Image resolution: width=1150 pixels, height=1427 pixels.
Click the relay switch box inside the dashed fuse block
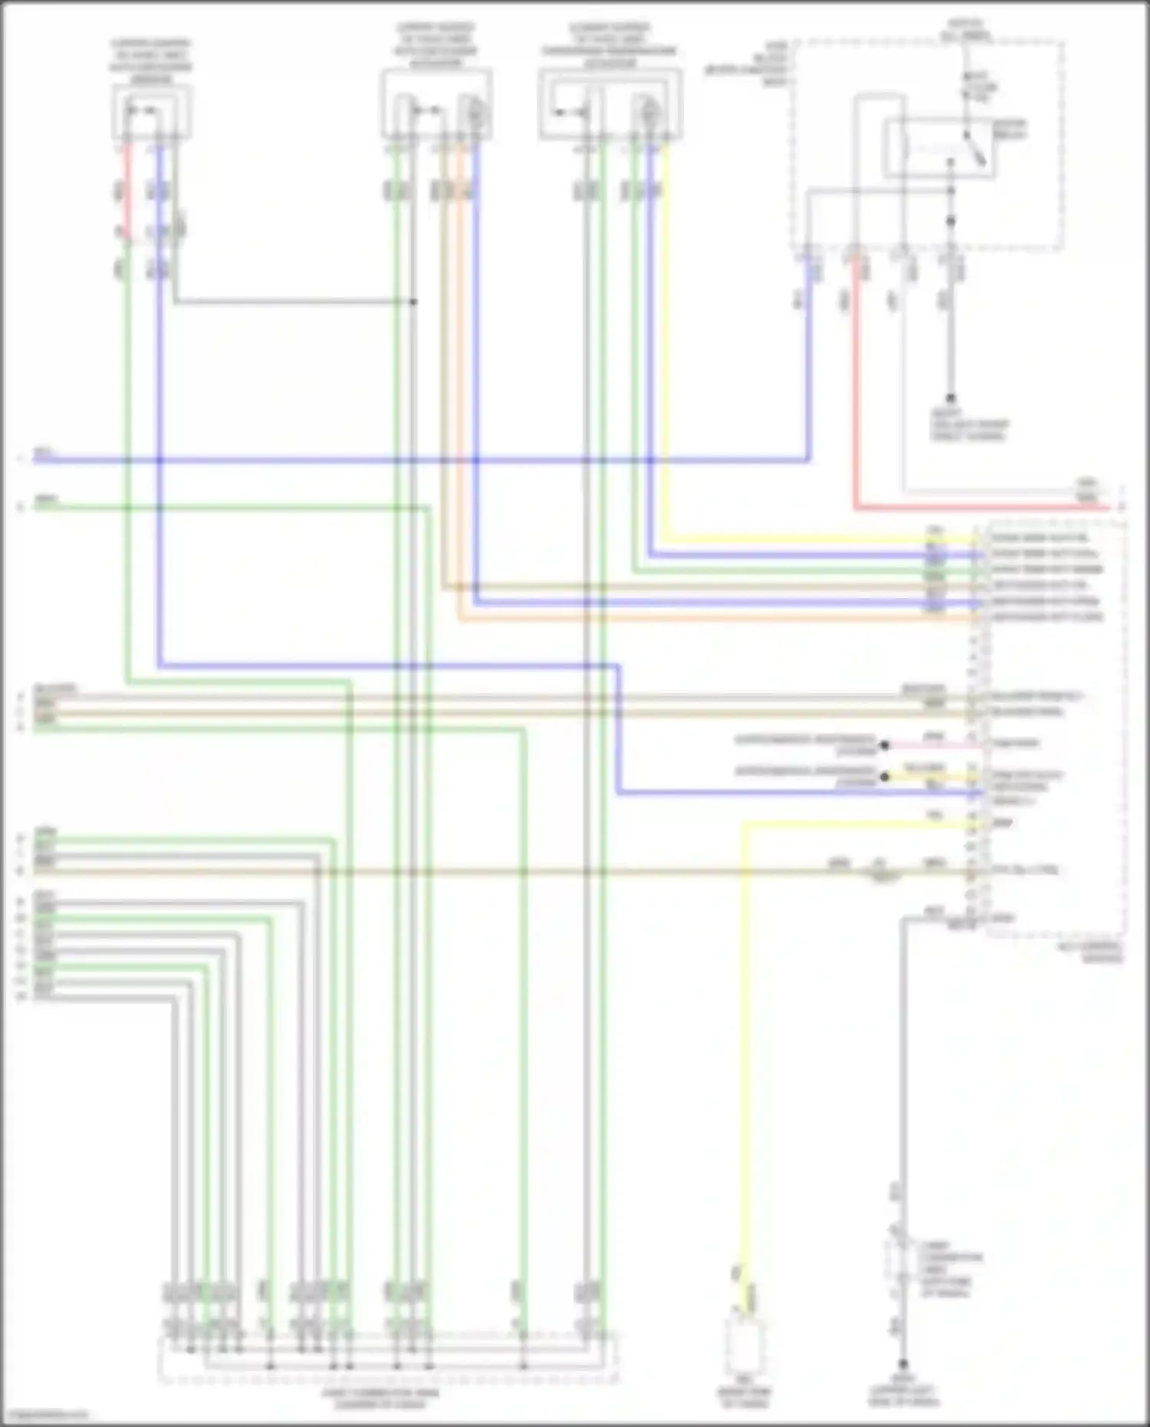point(939,148)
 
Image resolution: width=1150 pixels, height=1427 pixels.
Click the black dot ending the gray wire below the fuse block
point(951,399)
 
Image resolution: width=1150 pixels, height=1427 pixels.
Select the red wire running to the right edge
point(981,508)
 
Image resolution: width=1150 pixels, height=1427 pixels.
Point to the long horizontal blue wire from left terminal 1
point(383,461)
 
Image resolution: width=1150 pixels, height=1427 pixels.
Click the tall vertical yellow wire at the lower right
point(743,1074)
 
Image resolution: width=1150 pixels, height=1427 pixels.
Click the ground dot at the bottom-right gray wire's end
point(903,1366)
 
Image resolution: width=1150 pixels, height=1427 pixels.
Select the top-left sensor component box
point(152,112)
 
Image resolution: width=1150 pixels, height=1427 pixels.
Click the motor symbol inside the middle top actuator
point(475,113)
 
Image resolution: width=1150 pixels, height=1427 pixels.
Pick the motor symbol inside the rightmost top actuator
point(649,113)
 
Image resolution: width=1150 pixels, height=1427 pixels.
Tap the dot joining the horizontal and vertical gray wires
point(413,302)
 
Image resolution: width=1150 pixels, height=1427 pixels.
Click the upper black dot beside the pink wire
point(884,745)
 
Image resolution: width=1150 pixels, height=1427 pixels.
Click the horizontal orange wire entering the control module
point(690,618)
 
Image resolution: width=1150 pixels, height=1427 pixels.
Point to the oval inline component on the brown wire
point(882,873)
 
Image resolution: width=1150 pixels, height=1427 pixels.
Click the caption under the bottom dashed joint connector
point(381,1399)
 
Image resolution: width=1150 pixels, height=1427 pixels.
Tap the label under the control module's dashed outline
point(1099,953)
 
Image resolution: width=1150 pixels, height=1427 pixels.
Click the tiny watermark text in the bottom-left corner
point(44,1415)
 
